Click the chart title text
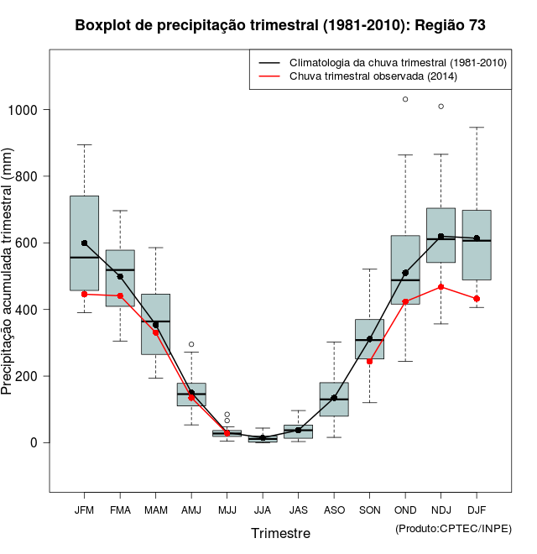280,26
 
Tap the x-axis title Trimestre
280,533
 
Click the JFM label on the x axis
84,510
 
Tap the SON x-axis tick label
369,510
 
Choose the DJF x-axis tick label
477,510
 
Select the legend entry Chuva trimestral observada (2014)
373,76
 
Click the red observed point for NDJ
441,287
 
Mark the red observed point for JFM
84,295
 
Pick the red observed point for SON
369,361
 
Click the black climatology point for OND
405,273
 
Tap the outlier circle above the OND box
405,99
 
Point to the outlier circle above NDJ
441,107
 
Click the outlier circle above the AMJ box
191,344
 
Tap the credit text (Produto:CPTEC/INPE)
453,528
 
